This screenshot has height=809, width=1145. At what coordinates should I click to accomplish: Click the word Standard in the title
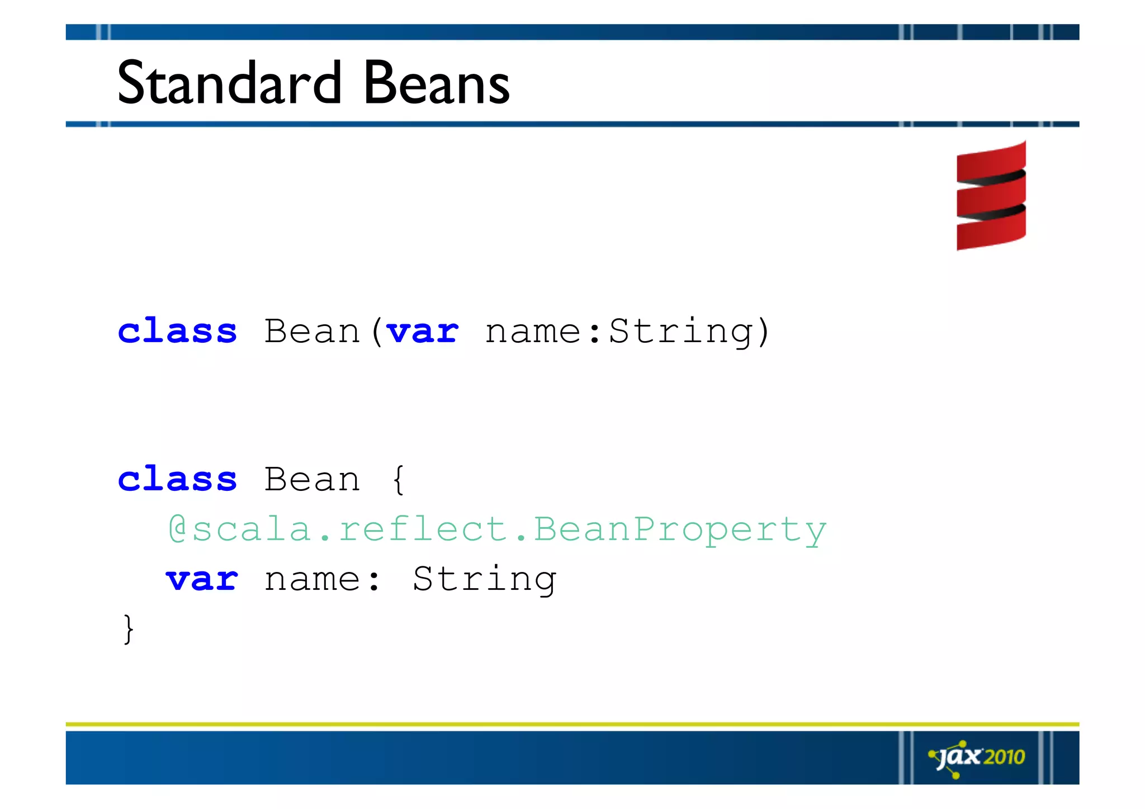pyautogui.click(x=229, y=84)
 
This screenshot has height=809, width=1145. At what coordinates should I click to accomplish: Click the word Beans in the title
pyautogui.click(x=437, y=84)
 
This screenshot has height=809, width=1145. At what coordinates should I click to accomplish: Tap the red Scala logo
pyautogui.click(x=991, y=196)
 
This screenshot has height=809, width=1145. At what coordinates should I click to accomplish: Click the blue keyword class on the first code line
pyautogui.click(x=177, y=331)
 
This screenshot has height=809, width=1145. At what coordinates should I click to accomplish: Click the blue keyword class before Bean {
pyautogui.click(x=177, y=479)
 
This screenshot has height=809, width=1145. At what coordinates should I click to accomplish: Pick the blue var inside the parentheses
pyautogui.click(x=423, y=331)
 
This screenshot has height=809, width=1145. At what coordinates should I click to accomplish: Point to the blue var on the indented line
pyautogui.click(x=202, y=579)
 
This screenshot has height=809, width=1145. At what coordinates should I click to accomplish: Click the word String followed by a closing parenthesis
pyautogui.click(x=681, y=332)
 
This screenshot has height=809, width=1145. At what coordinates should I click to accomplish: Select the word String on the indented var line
pyautogui.click(x=484, y=579)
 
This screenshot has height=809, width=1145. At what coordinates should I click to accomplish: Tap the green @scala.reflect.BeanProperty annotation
pyautogui.click(x=497, y=529)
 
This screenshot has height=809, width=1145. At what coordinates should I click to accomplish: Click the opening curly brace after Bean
pyautogui.click(x=398, y=480)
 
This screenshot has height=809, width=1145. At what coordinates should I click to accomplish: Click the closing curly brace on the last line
pyautogui.click(x=128, y=629)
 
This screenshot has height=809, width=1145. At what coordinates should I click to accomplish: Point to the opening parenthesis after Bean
pyautogui.click(x=377, y=332)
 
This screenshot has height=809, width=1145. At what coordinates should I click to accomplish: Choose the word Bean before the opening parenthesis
pyautogui.click(x=312, y=331)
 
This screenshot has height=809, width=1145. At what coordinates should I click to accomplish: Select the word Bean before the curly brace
pyautogui.click(x=312, y=479)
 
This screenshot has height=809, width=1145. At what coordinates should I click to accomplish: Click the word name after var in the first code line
pyautogui.click(x=533, y=332)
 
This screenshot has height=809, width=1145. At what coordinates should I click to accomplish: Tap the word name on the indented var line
pyautogui.click(x=312, y=579)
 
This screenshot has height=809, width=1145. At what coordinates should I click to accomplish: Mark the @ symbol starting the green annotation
pyautogui.click(x=178, y=529)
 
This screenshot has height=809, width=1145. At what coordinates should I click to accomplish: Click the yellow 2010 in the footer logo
pyautogui.click(x=1004, y=757)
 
